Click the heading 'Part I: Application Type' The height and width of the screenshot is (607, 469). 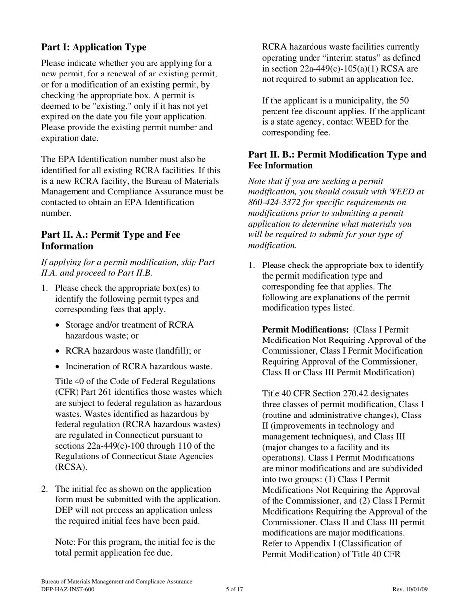tap(94, 47)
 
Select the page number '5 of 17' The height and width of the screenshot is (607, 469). tap(234, 589)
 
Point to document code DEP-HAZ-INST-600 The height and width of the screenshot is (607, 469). tap(68, 589)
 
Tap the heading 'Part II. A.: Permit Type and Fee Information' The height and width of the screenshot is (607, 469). tap(111, 240)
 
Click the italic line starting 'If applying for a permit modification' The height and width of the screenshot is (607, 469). tap(128, 262)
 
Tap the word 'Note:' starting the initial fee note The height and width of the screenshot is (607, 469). tap(66, 542)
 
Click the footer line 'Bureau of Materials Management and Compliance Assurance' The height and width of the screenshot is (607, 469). tap(117, 582)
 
